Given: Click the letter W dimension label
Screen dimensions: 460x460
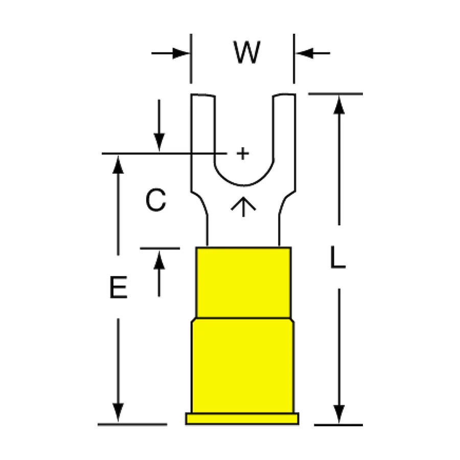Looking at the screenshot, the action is tap(247, 52).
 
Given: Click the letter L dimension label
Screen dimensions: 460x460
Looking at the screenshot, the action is tap(338, 257).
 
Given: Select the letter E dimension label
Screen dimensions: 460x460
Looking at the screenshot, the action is tap(119, 287).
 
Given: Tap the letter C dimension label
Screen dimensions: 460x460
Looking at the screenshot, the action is tap(156, 200).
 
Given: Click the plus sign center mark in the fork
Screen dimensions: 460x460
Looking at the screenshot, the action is tap(243, 153).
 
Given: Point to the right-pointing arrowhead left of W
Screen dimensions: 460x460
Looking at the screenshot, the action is tap(181, 53).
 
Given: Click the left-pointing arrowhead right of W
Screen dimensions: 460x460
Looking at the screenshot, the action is tap(305, 53).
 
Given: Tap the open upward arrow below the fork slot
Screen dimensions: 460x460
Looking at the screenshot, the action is tap(243, 206).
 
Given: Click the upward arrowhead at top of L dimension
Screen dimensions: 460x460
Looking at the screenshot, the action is tap(339, 105).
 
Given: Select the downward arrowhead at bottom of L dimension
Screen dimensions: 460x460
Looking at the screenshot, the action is tap(339, 414).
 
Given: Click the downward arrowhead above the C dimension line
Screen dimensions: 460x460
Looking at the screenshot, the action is tap(159, 143).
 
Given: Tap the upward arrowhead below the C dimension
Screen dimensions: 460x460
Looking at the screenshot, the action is tap(159, 260).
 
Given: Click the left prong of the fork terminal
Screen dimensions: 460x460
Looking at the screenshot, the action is tap(203, 141).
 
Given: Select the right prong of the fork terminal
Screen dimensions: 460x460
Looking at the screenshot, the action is tap(285, 141).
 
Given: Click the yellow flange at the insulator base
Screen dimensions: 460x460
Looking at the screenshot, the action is tap(242, 419).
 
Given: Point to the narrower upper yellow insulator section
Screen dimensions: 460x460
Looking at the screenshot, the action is tap(243, 283).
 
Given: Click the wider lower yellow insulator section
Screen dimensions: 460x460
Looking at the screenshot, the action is tap(243, 365).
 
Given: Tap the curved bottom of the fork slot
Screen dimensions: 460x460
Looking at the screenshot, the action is tap(244, 185).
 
